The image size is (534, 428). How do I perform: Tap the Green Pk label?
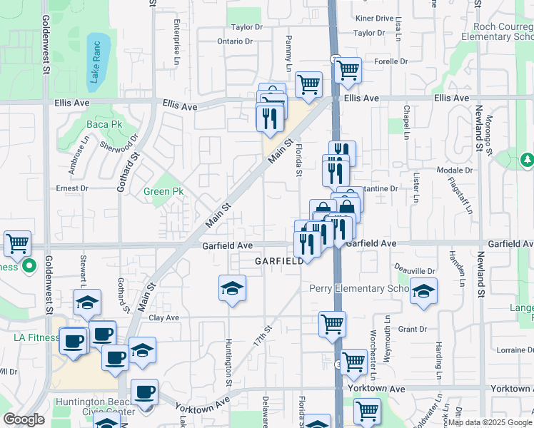(x=163, y=191)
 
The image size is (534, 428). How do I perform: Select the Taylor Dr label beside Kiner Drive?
(x=369, y=33)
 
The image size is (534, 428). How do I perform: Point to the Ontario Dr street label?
(x=235, y=41)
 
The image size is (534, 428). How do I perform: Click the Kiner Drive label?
(x=374, y=18)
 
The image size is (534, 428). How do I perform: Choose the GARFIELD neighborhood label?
(x=279, y=262)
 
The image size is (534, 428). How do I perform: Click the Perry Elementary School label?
(x=358, y=288)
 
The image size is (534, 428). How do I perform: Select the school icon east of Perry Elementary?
(x=423, y=291)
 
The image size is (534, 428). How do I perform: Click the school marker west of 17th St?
(x=232, y=288)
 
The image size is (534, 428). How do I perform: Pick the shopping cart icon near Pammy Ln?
(x=308, y=84)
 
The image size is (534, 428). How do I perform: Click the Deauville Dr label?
(x=416, y=271)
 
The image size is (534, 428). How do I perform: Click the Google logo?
(x=24, y=419)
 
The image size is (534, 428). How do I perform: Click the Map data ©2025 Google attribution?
(x=490, y=422)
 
